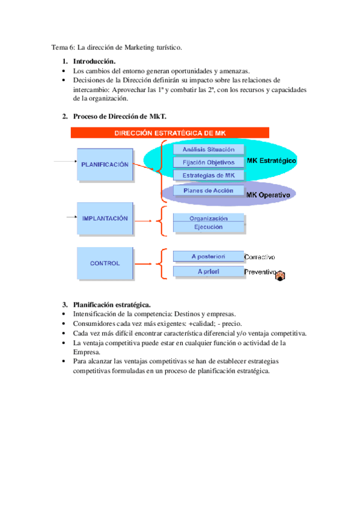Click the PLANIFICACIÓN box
(x=105, y=164)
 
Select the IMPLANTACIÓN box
(x=105, y=219)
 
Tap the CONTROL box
(x=105, y=263)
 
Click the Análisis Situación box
(x=209, y=149)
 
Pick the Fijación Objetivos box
(x=209, y=162)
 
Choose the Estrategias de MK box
(x=209, y=175)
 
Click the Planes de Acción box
(x=209, y=191)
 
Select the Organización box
(x=209, y=218)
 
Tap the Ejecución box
(x=209, y=227)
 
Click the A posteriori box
(x=209, y=256)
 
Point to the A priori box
(x=209, y=272)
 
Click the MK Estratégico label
(x=271, y=161)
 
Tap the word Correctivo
(x=264, y=257)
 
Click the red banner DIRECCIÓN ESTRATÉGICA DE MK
(x=170, y=133)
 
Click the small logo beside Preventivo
(x=281, y=275)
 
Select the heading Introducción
(x=94, y=61)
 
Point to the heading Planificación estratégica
(x=111, y=304)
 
